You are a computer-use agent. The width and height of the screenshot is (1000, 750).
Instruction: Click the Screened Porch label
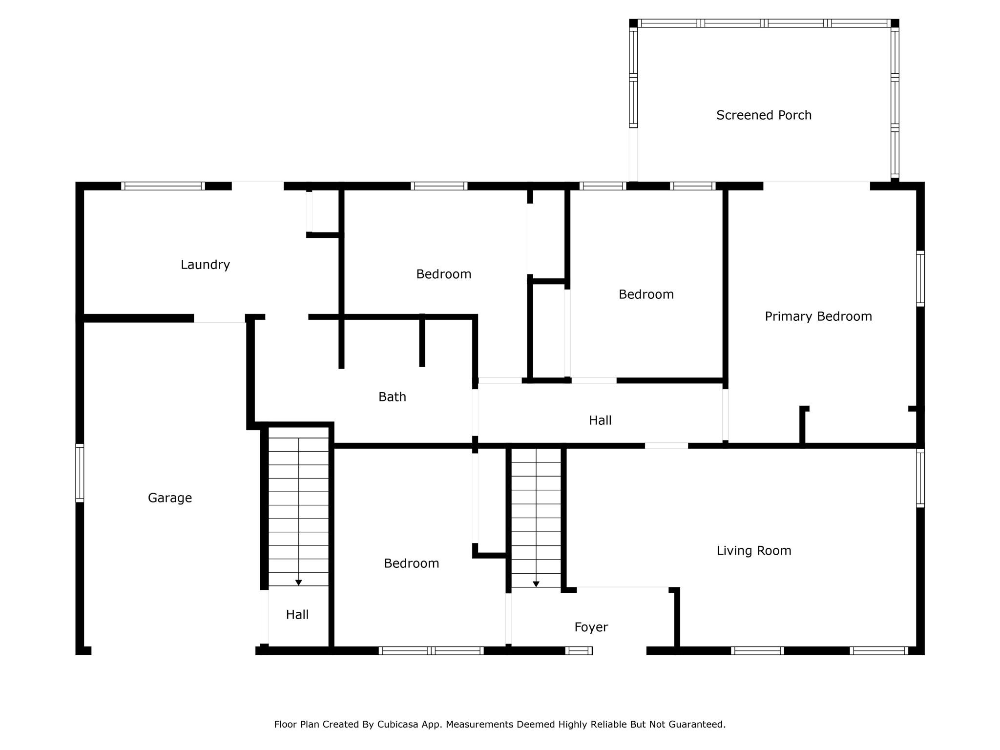pyautogui.click(x=764, y=115)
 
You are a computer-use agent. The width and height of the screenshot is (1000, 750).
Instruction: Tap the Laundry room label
pyautogui.click(x=205, y=265)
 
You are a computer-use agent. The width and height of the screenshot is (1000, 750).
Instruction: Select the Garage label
pyautogui.click(x=170, y=498)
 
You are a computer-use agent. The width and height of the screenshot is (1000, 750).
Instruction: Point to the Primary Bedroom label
pyautogui.click(x=818, y=316)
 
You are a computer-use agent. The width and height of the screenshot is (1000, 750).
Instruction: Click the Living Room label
pyautogui.click(x=754, y=551)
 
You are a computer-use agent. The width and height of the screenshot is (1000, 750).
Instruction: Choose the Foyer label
pyautogui.click(x=591, y=627)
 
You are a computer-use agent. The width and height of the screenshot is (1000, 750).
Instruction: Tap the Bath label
pyautogui.click(x=392, y=397)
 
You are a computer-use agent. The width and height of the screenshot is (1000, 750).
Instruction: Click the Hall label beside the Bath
pyautogui.click(x=600, y=420)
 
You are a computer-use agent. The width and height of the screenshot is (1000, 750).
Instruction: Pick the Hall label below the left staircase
pyautogui.click(x=297, y=615)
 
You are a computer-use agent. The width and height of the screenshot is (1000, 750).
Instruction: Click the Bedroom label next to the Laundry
pyautogui.click(x=443, y=274)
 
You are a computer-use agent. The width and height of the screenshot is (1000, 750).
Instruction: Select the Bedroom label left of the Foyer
pyautogui.click(x=411, y=563)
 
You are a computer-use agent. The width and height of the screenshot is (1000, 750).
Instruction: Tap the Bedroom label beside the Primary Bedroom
pyautogui.click(x=646, y=294)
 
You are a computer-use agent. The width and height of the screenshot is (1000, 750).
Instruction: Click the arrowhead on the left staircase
pyautogui.click(x=298, y=583)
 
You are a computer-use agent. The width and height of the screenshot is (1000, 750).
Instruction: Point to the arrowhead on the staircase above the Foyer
pyautogui.click(x=536, y=584)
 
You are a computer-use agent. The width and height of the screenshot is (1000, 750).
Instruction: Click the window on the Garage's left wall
pyautogui.click(x=80, y=473)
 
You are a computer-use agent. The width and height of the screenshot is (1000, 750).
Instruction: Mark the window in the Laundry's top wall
pyautogui.click(x=163, y=186)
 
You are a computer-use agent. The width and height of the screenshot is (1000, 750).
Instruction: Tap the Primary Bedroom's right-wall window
pyautogui.click(x=920, y=278)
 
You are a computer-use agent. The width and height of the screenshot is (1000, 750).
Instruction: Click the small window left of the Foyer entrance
pyautogui.click(x=579, y=650)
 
